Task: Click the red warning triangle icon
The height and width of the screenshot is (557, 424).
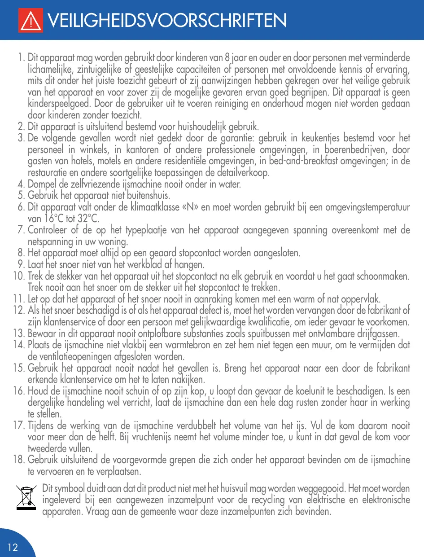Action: point(31,21)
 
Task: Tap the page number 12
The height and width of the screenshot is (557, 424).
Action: point(13,547)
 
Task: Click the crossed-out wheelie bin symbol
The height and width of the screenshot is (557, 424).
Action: point(26,497)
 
